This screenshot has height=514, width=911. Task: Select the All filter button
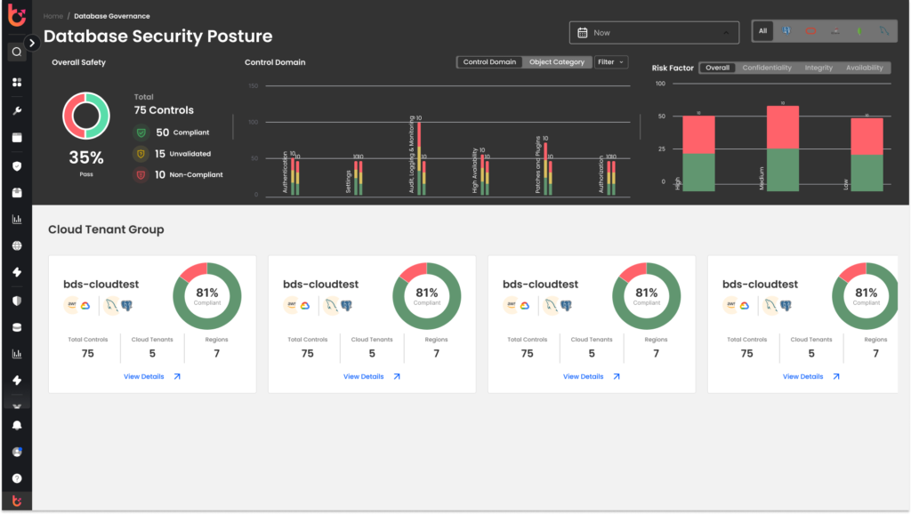coord(762,31)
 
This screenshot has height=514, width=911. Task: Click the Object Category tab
coord(557,62)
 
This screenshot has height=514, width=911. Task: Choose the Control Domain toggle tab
coord(489,62)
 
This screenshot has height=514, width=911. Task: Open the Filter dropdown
coord(610,62)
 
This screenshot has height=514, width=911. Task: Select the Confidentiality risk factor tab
coord(767,68)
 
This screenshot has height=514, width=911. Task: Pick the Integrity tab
coord(818,68)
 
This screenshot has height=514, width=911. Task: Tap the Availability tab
coord(864,68)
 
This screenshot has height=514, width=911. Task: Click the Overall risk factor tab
coord(718,68)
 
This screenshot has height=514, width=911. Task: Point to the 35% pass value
coord(86,157)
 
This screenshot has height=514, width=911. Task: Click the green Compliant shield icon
coord(141,133)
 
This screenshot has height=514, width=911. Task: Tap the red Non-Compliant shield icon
coord(141,174)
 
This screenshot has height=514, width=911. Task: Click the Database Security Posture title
coord(157,36)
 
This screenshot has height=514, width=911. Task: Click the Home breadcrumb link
coord(52,16)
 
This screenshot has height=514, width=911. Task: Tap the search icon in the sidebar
coord(16,52)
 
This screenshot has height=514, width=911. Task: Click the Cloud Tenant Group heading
coord(106,229)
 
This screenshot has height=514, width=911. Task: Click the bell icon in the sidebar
coord(16,425)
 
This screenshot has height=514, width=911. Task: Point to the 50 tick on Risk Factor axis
coord(661,116)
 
